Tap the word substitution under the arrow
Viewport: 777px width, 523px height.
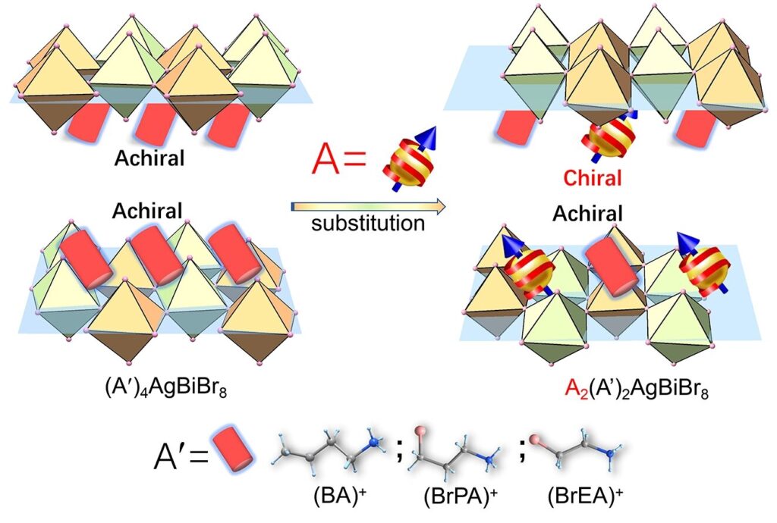[x=368, y=224]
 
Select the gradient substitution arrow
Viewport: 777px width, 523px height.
[x=368, y=205]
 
